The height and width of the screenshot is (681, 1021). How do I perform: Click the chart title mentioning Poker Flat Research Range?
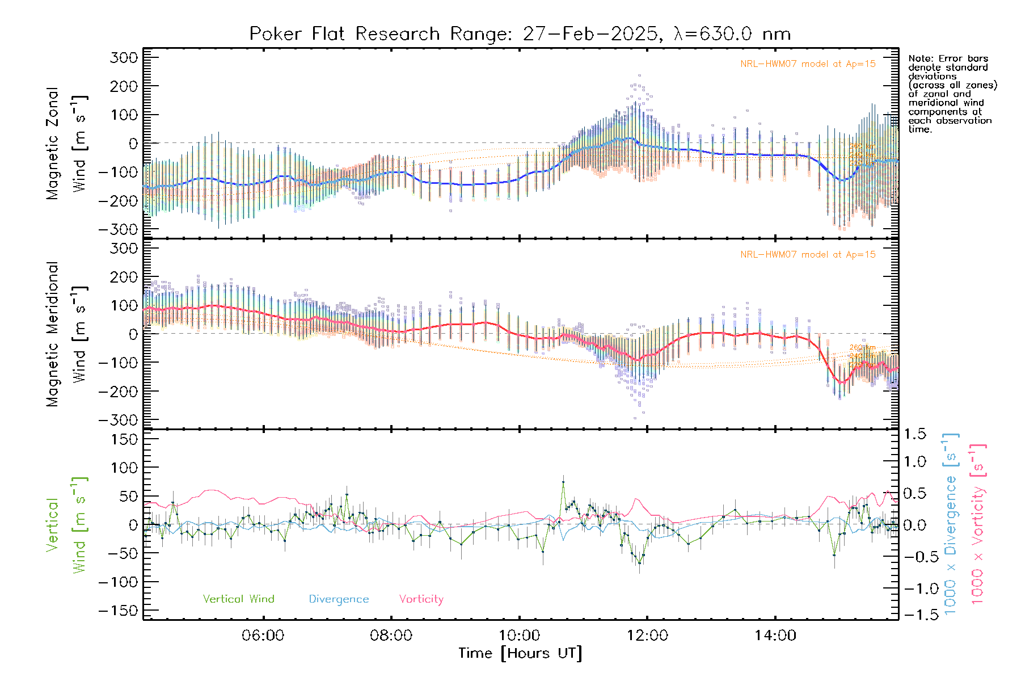(x=520, y=34)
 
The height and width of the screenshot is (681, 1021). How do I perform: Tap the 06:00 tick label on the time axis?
(x=263, y=636)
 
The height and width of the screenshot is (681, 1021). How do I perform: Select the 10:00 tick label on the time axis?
(x=519, y=636)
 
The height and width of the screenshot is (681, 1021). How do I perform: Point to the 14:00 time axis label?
(x=775, y=636)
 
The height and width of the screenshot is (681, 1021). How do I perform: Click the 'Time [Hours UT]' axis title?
(x=520, y=654)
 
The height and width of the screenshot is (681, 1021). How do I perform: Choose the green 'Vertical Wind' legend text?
(x=238, y=599)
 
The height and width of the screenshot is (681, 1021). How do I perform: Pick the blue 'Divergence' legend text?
(x=339, y=599)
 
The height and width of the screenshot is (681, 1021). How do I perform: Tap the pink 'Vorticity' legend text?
(x=421, y=599)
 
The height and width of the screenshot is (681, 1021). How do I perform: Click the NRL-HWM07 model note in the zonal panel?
(x=808, y=64)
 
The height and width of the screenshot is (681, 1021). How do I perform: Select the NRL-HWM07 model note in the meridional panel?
(x=808, y=255)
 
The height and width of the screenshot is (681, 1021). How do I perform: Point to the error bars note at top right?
(x=952, y=94)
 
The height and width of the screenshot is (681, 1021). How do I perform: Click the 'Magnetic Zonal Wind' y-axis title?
(x=67, y=143)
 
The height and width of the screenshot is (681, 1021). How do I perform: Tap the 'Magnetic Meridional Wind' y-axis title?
(x=67, y=334)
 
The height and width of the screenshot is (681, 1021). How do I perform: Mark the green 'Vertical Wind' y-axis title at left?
(x=67, y=525)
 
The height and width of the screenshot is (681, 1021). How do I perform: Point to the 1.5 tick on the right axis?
(x=915, y=434)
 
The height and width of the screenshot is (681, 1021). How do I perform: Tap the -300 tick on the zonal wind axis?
(x=118, y=230)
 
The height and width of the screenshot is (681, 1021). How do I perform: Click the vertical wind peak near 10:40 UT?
(x=563, y=482)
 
